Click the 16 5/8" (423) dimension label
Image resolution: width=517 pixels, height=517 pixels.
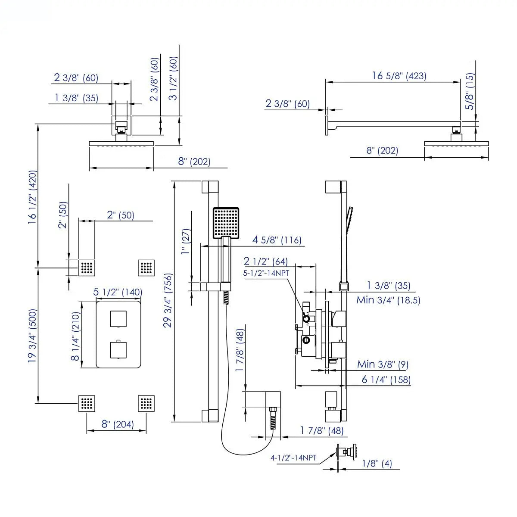[x=399, y=76]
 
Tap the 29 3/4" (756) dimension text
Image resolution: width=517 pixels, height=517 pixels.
[x=168, y=300]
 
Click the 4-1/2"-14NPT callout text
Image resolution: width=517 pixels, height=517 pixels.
[x=293, y=458]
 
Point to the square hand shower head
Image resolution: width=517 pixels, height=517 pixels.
[x=226, y=222]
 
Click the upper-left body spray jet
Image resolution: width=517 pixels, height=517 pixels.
[x=87, y=268]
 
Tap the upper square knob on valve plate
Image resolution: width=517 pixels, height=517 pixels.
[x=118, y=318]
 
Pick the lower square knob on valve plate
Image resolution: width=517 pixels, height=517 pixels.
[x=118, y=349]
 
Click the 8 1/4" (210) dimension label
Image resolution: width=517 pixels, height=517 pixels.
[x=76, y=334]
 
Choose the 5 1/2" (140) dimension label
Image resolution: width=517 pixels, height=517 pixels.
[x=118, y=292]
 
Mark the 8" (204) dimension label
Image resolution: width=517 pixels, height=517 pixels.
[x=117, y=424]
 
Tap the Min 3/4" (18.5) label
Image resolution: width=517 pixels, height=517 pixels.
[x=388, y=300]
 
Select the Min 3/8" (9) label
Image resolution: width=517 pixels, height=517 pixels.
[x=383, y=364]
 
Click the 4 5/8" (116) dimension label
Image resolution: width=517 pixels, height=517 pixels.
[x=277, y=240]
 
